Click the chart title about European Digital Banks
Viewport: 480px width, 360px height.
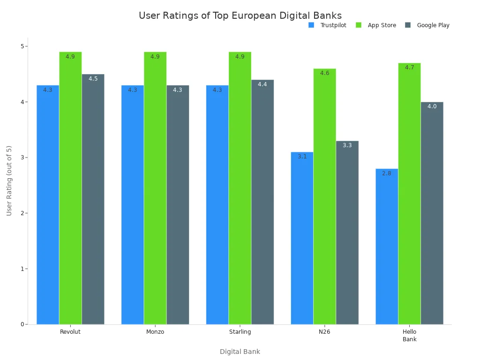(x=240, y=15)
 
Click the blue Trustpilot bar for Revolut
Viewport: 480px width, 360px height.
(x=48, y=206)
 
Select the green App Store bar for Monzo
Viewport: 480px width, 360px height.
(x=155, y=187)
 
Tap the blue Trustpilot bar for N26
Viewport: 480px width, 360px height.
(x=302, y=239)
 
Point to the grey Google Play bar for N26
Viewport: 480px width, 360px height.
(x=347, y=234)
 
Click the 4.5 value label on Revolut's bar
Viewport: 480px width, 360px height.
(x=93, y=79)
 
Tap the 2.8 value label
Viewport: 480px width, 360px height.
(x=387, y=173)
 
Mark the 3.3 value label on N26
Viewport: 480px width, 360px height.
(x=347, y=145)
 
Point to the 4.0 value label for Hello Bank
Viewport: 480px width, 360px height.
(x=432, y=106)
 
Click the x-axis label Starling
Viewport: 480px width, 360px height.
(x=240, y=332)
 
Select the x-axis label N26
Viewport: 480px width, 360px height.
(x=324, y=332)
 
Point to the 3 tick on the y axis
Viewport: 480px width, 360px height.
(x=22, y=157)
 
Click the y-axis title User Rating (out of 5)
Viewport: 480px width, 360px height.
(x=9, y=180)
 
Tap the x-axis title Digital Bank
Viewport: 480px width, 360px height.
(x=240, y=352)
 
